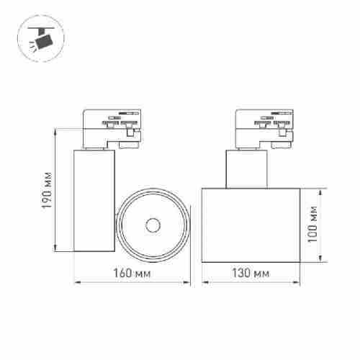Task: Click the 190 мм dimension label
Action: (x=47, y=190)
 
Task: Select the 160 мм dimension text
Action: (x=132, y=273)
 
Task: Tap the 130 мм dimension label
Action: (x=251, y=273)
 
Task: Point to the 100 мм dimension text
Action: (x=312, y=224)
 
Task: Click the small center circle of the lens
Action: (x=153, y=225)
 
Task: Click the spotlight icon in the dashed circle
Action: (x=41, y=39)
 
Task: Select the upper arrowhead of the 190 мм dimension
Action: (x=55, y=132)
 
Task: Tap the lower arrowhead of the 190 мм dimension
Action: (x=55, y=248)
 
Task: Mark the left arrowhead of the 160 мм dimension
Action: (x=77, y=282)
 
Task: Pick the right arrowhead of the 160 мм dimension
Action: (x=186, y=282)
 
